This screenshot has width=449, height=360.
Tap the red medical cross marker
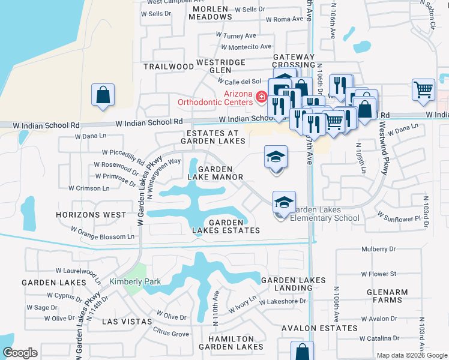pyautogui.click(x=261, y=96)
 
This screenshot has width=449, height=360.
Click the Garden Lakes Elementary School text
pyautogui.click(x=324, y=214)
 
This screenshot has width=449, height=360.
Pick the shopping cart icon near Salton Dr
pyautogui.click(x=424, y=89)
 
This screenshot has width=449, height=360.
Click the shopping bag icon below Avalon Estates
pyautogui.click(x=302, y=352)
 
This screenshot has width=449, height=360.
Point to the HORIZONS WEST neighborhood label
pyautogui.click(x=91, y=214)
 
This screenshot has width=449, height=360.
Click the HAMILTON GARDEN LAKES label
pyautogui.click(x=231, y=343)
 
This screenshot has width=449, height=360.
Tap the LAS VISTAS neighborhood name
pyautogui.click(x=127, y=322)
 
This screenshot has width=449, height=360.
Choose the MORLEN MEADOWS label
pyautogui.click(x=210, y=12)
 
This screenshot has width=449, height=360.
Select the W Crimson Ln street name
pyautogui.click(x=88, y=188)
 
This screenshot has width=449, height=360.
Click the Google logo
pyautogui.click(x=20, y=353)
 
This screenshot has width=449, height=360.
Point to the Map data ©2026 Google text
pyautogui.click(x=411, y=355)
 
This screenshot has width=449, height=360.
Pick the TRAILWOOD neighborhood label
pyautogui.click(x=169, y=66)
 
